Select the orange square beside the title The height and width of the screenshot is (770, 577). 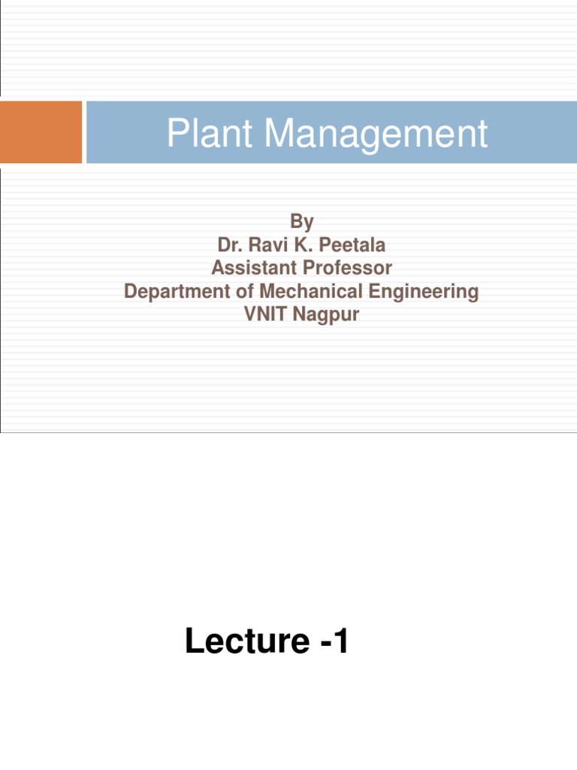(x=41, y=132)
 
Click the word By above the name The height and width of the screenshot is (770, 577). (x=301, y=222)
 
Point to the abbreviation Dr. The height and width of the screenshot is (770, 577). (x=228, y=245)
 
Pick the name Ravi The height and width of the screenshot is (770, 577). (x=262, y=245)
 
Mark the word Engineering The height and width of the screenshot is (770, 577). (x=424, y=292)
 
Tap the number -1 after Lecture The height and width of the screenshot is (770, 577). (x=331, y=642)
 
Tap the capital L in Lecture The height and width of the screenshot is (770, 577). (x=193, y=642)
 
